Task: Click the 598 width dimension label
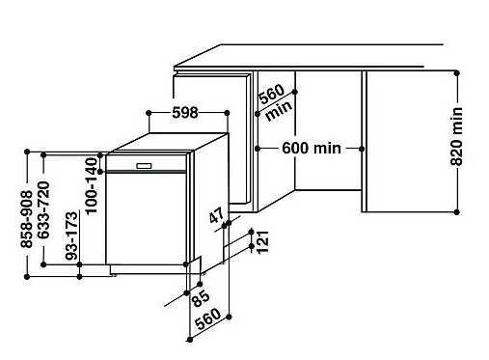pyautogui.click(x=185, y=113)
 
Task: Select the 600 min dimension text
pyautogui.click(x=312, y=149)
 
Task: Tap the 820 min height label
pyautogui.click(x=456, y=136)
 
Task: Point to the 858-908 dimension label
pyautogui.click(x=26, y=219)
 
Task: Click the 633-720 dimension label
pyautogui.click(x=43, y=210)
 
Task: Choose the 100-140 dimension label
pyautogui.click(x=92, y=185)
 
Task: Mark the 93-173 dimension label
pyautogui.click(x=71, y=235)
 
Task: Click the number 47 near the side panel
pyautogui.click(x=216, y=215)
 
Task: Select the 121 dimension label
pyautogui.click(x=263, y=242)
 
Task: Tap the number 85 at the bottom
pyautogui.click(x=200, y=299)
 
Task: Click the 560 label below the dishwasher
pyautogui.click(x=208, y=318)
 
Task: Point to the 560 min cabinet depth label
pyautogui.click(x=275, y=102)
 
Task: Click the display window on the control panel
pyautogui.click(x=144, y=166)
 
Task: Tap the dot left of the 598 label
pyautogui.click(x=149, y=113)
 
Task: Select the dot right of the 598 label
pyautogui.click(x=227, y=113)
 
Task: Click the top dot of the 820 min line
pyautogui.click(x=456, y=73)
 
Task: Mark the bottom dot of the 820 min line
pyautogui.click(x=456, y=212)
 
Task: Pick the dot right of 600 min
pyautogui.click(x=362, y=149)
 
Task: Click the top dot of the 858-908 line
pyautogui.click(x=27, y=152)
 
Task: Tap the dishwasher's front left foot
pyautogui.click(x=113, y=275)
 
